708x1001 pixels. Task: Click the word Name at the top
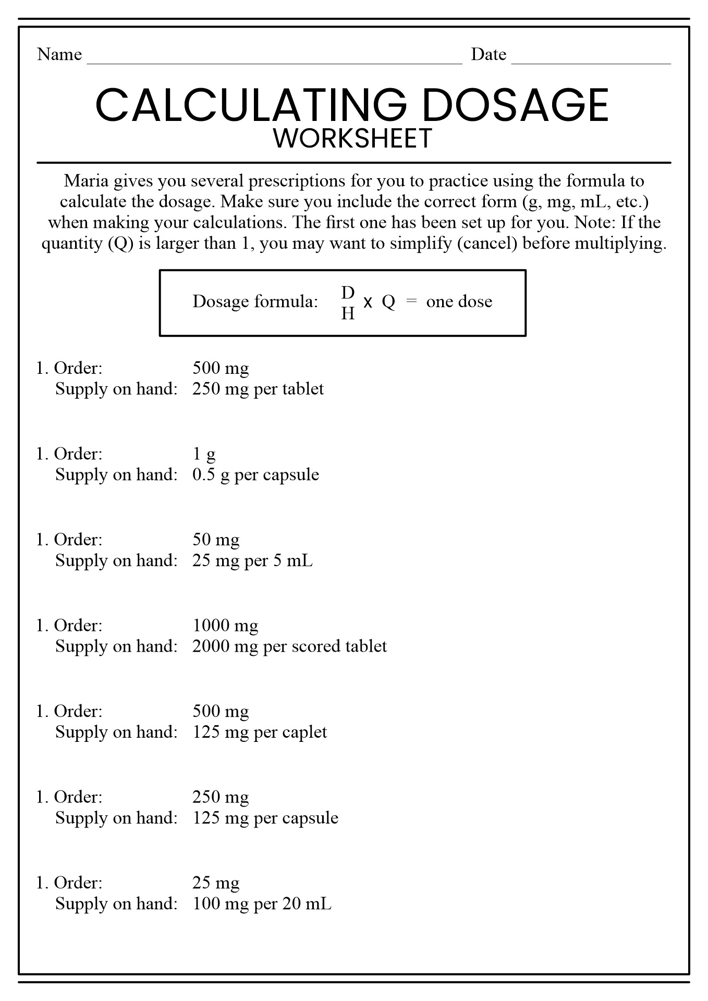(59, 55)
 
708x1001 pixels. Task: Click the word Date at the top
(489, 55)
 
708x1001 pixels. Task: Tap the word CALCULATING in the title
(250, 105)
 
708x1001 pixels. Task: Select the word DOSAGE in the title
(515, 105)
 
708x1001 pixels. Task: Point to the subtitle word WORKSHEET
(353, 139)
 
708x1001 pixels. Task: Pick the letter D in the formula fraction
(348, 292)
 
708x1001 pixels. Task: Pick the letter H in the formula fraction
(348, 313)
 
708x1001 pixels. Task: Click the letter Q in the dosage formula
(388, 302)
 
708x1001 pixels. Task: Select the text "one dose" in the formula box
(459, 302)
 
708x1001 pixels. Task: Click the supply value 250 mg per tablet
(258, 389)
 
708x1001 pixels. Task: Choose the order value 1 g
(204, 454)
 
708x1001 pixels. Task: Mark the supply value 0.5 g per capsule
(255, 475)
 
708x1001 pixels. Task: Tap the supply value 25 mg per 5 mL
(252, 561)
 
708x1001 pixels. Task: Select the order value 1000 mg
(225, 626)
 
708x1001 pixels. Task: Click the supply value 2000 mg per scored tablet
(289, 646)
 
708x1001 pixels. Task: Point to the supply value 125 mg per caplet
(260, 733)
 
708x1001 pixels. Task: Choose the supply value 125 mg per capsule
(265, 818)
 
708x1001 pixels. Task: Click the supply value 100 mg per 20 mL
(262, 904)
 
